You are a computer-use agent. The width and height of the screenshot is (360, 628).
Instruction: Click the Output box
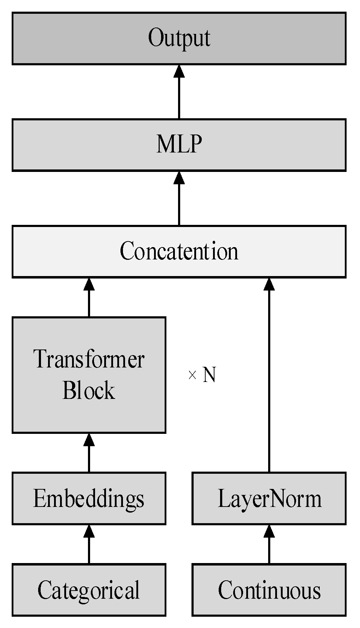[x=179, y=38]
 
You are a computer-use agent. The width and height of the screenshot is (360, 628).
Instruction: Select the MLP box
[x=179, y=145]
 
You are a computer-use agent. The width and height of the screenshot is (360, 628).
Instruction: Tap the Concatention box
[x=179, y=251]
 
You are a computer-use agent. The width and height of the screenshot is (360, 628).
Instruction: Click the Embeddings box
[x=89, y=498]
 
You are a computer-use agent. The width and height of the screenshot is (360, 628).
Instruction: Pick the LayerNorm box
[x=269, y=498]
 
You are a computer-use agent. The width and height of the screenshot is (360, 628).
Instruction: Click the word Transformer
[x=89, y=359]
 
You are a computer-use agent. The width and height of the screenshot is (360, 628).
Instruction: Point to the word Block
[x=89, y=391]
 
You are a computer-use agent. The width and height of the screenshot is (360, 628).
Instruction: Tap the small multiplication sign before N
[x=192, y=375]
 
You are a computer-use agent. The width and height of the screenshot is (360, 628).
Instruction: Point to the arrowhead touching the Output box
[x=179, y=72]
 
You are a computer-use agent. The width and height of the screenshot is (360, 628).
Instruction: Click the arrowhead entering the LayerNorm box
[x=269, y=532]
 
